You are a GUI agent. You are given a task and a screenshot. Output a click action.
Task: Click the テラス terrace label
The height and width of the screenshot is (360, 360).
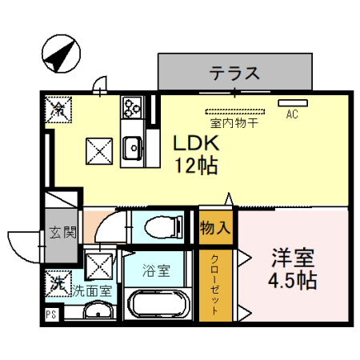coord(235,74)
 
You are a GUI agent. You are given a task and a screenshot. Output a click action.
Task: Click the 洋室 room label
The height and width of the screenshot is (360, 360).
coord(292,259)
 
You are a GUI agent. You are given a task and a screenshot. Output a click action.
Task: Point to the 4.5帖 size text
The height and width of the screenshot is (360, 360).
coord(292,282)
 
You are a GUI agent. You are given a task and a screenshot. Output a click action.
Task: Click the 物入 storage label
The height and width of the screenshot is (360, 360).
coord(215,227)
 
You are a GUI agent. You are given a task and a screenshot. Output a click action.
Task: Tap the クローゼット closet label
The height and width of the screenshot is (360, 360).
coord(216,285)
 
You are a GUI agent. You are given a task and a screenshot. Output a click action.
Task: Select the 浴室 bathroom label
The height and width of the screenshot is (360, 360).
coord(156,270)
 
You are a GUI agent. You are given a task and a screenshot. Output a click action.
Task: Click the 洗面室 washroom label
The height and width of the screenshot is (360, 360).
coord(92,291)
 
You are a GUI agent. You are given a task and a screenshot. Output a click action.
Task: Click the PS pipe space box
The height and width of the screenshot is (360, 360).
coord(50,314)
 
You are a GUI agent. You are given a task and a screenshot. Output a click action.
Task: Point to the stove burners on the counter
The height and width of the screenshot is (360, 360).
coord(131,106)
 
